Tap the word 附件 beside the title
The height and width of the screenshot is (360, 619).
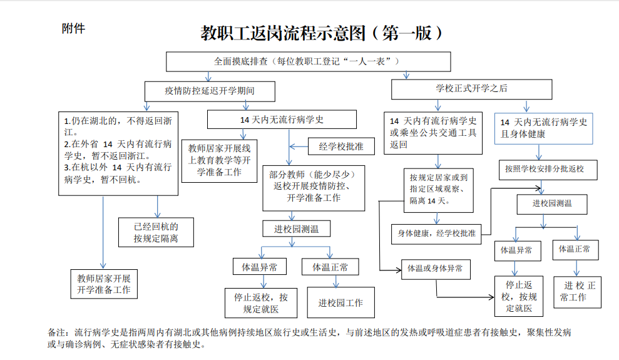(73, 28)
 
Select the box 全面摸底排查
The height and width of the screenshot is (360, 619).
(308, 61)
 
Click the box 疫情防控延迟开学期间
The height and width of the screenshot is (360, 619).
(210, 91)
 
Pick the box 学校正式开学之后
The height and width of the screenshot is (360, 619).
(472, 89)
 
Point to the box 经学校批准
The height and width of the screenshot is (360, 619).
(341, 147)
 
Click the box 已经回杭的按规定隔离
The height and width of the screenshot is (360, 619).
(156, 232)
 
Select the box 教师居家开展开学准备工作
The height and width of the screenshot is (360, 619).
(103, 284)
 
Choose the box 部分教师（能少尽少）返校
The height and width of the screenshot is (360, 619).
(314, 186)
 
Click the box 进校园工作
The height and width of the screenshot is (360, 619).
(340, 303)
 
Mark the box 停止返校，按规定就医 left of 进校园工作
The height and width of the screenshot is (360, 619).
(261, 303)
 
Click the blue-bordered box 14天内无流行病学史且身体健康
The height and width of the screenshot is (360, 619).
(543, 128)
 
